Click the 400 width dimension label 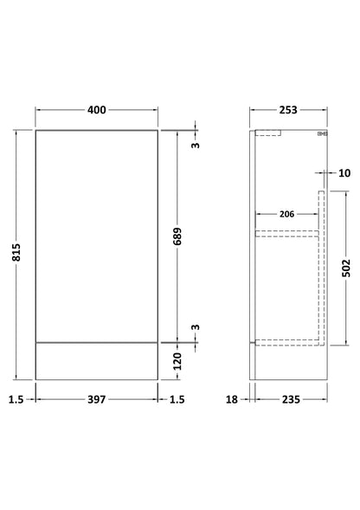(x=97, y=110)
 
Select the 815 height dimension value (x=16, y=252)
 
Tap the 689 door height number (x=177, y=236)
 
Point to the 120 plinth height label (x=177, y=361)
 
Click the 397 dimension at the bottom (x=97, y=399)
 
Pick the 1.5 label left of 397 (x=16, y=399)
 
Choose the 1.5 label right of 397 (x=177, y=399)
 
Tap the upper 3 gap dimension (x=195, y=145)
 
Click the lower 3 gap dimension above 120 (x=195, y=327)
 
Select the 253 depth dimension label (x=288, y=110)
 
